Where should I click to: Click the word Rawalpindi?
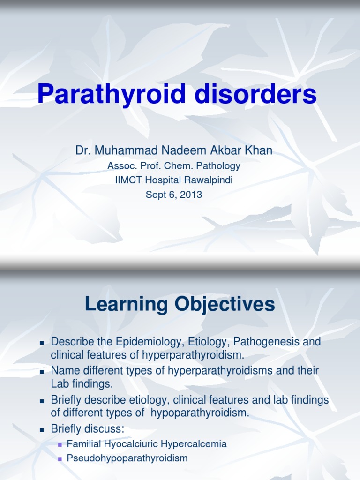[x=206, y=180]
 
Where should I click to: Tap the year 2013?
[x=192, y=195]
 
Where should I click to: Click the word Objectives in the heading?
[x=224, y=305]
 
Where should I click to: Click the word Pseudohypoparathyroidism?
[x=127, y=458]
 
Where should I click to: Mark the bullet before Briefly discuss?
[x=42, y=430]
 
